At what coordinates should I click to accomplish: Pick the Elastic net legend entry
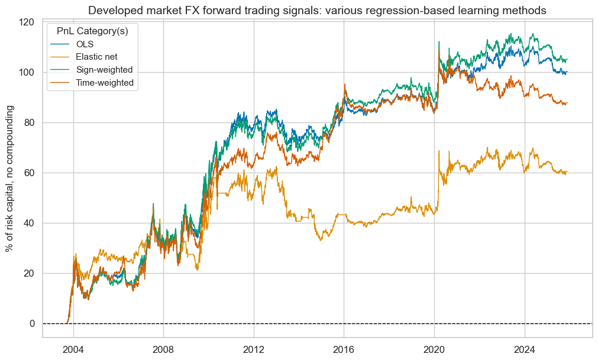pyautogui.click(x=101, y=57)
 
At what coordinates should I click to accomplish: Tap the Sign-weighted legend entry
pyautogui.click(x=104, y=70)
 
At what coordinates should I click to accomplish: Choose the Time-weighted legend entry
pyautogui.click(x=105, y=83)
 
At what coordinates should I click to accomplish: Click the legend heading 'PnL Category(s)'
pyautogui.click(x=91, y=31)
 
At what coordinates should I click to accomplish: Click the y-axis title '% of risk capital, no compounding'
pyautogui.click(x=10, y=179)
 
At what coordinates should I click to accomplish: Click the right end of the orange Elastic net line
pyautogui.click(x=567, y=172)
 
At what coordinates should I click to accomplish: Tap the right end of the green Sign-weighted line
pyautogui.click(x=567, y=60)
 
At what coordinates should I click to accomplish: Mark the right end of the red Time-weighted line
pyautogui.click(x=567, y=103)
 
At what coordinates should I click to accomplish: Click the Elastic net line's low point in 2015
pyautogui.click(x=321, y=239)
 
